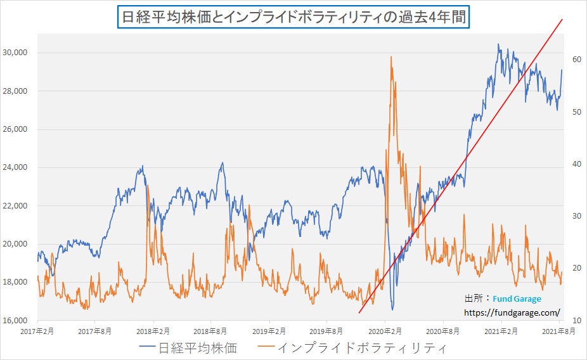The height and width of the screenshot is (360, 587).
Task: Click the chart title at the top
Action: [293, 17]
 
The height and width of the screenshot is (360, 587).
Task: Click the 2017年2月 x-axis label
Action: [37, 331]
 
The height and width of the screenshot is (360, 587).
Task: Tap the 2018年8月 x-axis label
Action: [210, 331]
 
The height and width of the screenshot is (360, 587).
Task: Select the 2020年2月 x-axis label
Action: [385, 331]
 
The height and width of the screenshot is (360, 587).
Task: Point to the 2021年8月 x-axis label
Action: [559, 331]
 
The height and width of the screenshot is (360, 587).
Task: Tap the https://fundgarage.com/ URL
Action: [512, 312]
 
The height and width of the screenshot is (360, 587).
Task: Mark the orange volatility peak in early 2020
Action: [391, 57]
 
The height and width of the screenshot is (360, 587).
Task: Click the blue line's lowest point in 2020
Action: [392, 309]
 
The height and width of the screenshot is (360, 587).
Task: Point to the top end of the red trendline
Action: [562, 20]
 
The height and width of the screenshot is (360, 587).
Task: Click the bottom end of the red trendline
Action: [359, 312]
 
